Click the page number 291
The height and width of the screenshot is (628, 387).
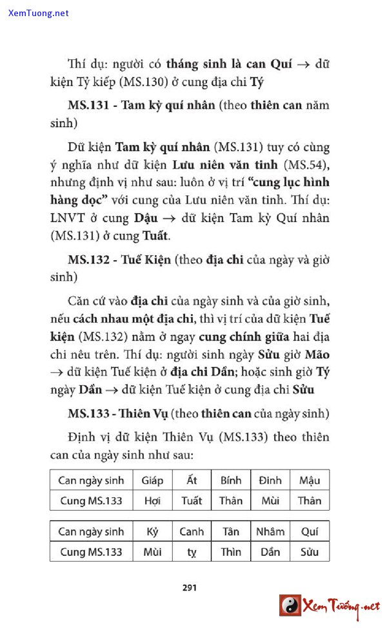[x=190, y=587]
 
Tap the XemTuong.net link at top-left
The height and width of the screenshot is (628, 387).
[x=39, y=13]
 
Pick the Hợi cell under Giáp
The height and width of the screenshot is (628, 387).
[x=152, y=500]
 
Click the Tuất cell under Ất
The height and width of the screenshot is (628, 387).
[x=192, y=500]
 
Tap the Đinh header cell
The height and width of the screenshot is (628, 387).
[x=270, y=481]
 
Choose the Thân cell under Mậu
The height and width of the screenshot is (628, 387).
[x=310, y=500]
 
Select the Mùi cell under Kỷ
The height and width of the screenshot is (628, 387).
[x=152, y=552]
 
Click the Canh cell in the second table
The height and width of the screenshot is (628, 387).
[x=192, y=532]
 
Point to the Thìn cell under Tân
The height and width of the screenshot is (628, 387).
[x=231, y=552]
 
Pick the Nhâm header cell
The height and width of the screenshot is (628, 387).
[x=270, y=532]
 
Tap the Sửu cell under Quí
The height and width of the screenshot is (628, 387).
[x=310, y=552]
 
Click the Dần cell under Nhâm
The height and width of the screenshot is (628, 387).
[x=270, y=552]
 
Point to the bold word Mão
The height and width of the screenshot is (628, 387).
[x=317, y=355]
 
